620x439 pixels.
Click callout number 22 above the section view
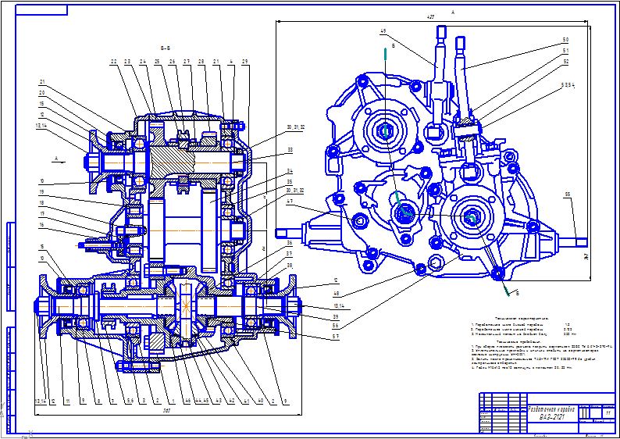(113, 62)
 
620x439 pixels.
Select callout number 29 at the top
(245, 62)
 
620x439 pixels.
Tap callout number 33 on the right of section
(268, 148)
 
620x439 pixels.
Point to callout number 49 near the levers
(383, 31)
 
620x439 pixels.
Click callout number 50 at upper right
(565, 39)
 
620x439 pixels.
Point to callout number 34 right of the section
(268, 170)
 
